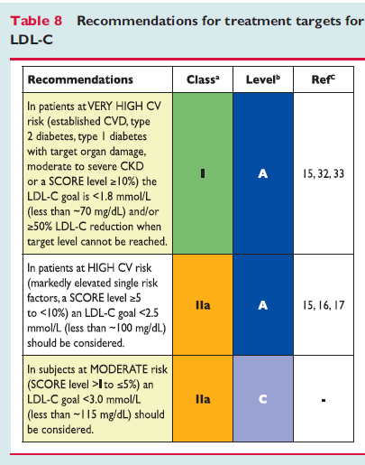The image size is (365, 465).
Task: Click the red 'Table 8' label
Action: click(x=36, y=21)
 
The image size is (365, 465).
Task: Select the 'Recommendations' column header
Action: click(x=80, y=79)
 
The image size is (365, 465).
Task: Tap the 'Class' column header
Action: click(x=203, y=79)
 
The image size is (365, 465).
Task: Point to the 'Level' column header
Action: click(x=263, y=79)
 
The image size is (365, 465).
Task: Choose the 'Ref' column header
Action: click(x=324, y=79)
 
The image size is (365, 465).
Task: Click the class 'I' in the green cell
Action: click(x=203, y=173)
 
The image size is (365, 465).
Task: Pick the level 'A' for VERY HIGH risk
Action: click(x=263, y=173)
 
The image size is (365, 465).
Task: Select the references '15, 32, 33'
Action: click(x=324, y=173)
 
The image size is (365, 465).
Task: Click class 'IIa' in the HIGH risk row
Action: click(x=203, y=305)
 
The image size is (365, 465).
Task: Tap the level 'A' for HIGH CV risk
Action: click(x=263, y=305)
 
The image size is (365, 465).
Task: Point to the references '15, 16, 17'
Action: click(x=324, y=305)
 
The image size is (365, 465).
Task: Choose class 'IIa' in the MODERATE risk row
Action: click(x=203, y=399)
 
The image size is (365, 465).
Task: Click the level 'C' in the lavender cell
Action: click(x=263, y=399)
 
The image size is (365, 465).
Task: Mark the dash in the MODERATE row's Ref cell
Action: click(x=324, y=400)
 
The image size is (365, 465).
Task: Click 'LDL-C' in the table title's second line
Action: click(x=32, y=40)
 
